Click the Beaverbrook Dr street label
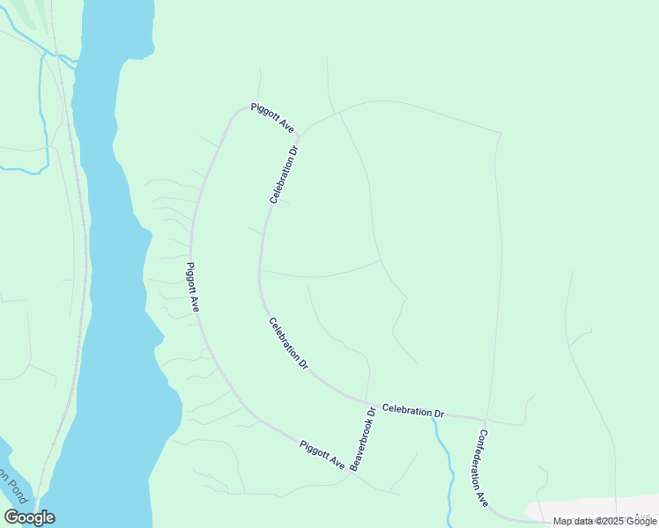coord(362,438)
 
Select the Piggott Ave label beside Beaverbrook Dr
coord(322,455)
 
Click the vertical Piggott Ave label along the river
coord(193,287)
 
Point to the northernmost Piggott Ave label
coord(271,117)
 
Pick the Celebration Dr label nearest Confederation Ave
coord(413,411)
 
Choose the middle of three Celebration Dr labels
coord(289,342)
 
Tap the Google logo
coord(29,517)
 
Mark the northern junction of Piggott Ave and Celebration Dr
coord(299,136)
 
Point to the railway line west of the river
coord(81,264)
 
